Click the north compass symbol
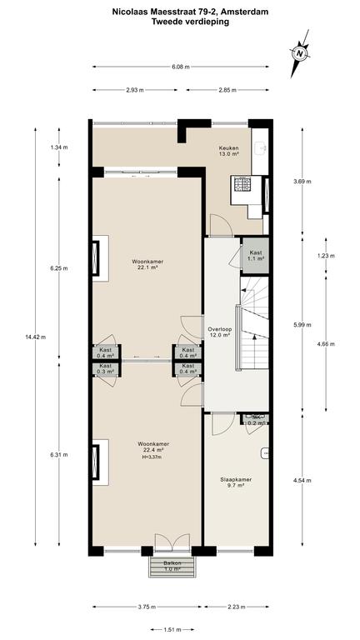(x=300, y=53)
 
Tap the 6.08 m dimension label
(x=180, y=67)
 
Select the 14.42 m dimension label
(x=36, y=337)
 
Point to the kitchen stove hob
(x=242, y=184)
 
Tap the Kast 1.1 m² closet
(x=256, y=256)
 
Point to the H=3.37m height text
(x=151, y=457)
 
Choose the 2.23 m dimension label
(x=237, y=607)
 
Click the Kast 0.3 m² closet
(x=106, y=368)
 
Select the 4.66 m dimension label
(x=326, y=343)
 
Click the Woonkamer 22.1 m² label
(x=145, y=264)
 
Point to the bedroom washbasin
(x=265, y=452)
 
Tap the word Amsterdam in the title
(x=250, y=12)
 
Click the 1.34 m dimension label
(x=59, y=147)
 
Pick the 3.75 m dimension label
(x=147, y=607)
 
